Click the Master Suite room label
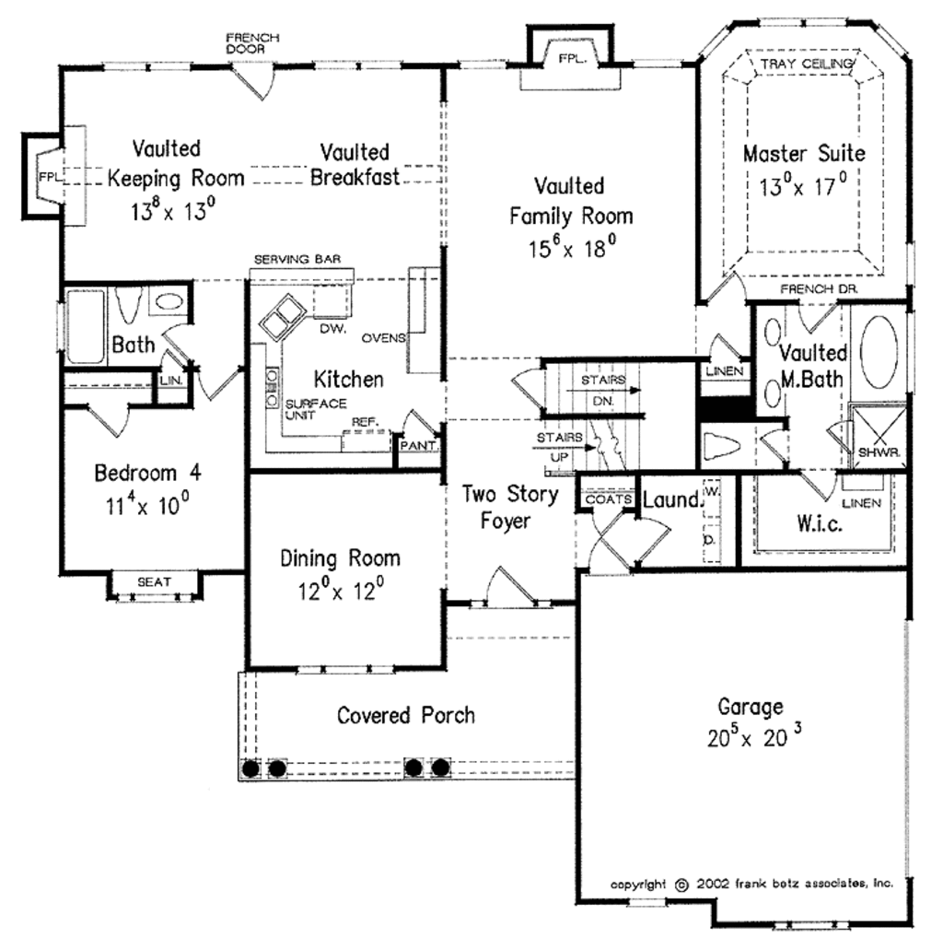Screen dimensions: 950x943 [804, 152]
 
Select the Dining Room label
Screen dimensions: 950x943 [340, 557]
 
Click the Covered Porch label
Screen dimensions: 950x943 [406, 715]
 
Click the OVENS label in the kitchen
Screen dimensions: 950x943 [383, 337]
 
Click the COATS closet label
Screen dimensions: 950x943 [605, 498]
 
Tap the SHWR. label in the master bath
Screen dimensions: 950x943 [879, 453]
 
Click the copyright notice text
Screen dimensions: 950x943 [752, 883]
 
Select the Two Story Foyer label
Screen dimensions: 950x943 [509, 507]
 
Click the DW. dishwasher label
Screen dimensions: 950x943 [331, 327]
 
